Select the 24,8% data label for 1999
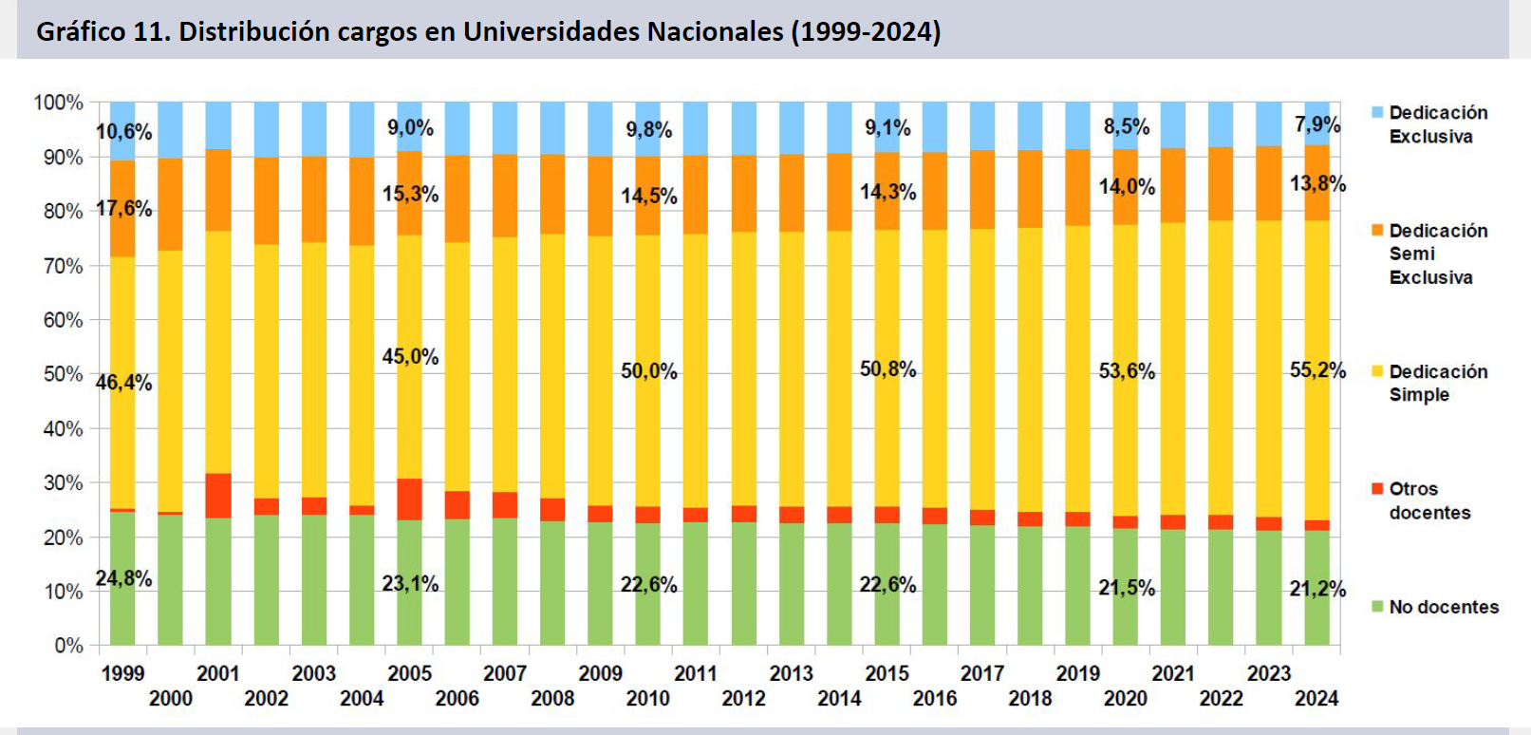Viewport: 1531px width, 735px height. click(123, 578)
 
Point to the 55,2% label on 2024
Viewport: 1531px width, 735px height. click(1317, 370)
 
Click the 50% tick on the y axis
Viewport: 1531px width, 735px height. click(63, 374)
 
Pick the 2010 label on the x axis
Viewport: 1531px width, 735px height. click(648, 699)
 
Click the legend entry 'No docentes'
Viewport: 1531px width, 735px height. click(1443, 607)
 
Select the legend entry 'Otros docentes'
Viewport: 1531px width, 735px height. click(1428, 500)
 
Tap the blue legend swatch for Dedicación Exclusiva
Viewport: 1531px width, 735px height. click(1377, 112)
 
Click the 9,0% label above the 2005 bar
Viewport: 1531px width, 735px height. click(410, 127)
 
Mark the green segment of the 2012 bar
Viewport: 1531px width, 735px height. click(744, 583)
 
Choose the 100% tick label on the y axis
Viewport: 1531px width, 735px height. click(59, 103)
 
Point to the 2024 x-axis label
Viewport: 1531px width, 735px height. click(1316, 699)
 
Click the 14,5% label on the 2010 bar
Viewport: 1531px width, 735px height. click(649, 196)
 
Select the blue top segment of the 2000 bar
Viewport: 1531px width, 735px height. click(171, 129)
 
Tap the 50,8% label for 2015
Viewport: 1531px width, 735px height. click(887, 368)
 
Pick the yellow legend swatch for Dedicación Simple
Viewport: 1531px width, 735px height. click(1377, 371)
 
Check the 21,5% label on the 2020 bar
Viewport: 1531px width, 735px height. click(1127, 588)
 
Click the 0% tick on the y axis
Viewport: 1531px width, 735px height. click(68, 646)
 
